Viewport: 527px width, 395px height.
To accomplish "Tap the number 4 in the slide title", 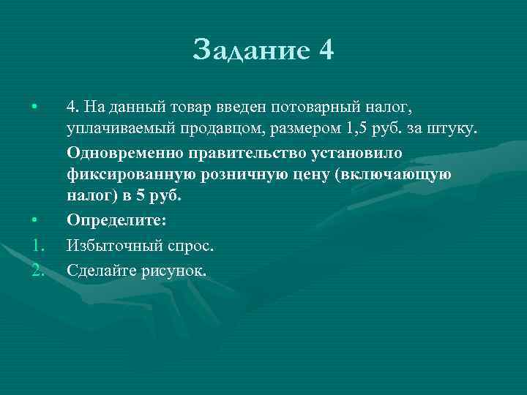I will tap(326, 51).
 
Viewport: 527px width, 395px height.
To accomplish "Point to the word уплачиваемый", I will tap(116, 129).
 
